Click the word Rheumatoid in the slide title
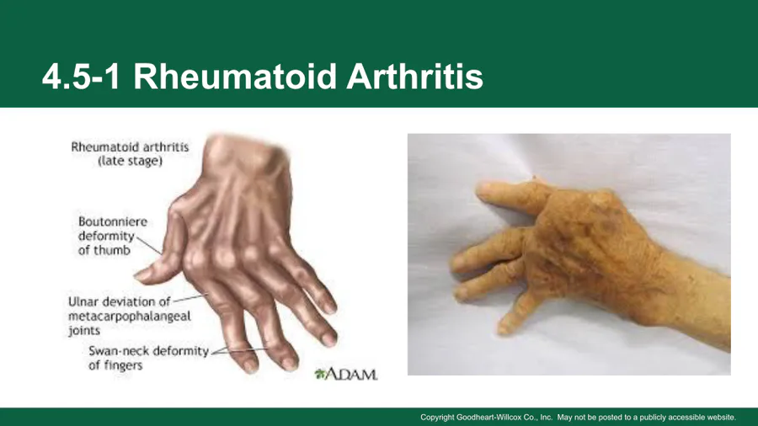(x=234, y=77)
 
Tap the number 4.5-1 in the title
(x=81, y=77)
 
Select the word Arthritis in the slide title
(x=414, y=77)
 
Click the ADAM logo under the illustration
(x=346, y=374)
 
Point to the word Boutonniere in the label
(x=113, y=221)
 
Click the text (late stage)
(x=130, y=161)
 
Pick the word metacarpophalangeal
(x=130, y=317)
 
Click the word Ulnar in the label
(x=83, y=302)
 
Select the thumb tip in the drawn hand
(x=140, y=276)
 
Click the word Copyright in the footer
(x=437, y=418)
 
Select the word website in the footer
(x=720, y=418)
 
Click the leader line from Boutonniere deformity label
(x=149, y=245)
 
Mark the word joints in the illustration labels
(x=84, y=331)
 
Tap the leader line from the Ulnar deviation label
(x=190, y=299)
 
